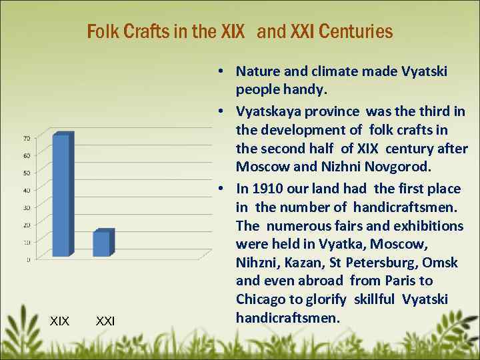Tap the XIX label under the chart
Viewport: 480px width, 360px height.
(59, 321)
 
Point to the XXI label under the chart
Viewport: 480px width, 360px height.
(105, 321)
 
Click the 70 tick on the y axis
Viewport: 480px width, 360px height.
(26, 139)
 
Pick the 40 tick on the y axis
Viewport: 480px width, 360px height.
(26, 191)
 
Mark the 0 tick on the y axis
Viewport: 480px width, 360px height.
(27, 259)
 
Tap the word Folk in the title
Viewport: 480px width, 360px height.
(102, 31)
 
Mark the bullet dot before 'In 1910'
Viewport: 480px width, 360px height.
(219, 189)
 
